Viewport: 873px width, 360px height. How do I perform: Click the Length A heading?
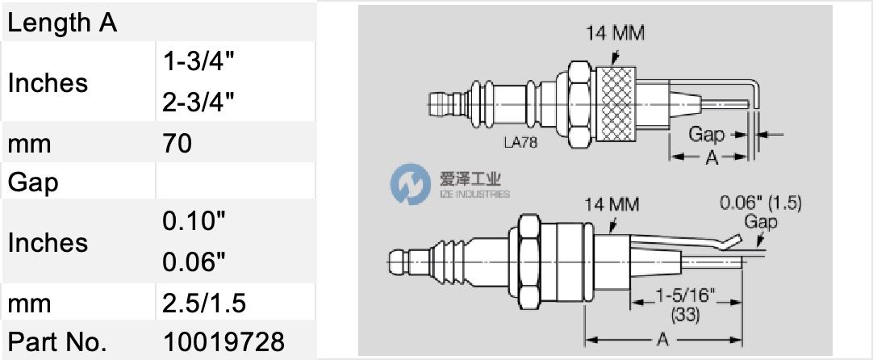[62, 23]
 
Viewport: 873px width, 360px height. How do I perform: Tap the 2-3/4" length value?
[198, 101]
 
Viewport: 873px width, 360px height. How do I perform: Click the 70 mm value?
[177, 143]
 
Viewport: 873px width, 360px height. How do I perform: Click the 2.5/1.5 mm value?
[204, 303]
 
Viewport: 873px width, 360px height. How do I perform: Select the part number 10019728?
[223, 341]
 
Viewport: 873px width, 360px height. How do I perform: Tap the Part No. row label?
[57, 341]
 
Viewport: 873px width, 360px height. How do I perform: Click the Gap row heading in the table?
[33, 182]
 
